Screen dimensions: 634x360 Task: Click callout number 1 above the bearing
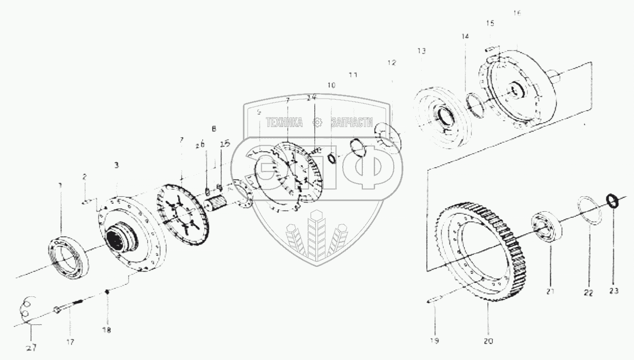pos(60,185)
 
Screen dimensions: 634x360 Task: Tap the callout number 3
pos(116,165)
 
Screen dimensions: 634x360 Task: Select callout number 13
pos(421,51)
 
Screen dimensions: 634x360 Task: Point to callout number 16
pos(517,13)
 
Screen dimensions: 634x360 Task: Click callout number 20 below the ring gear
pos(488,341)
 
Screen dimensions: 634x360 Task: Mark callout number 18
pos(107,330)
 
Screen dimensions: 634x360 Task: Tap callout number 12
pos(391,63)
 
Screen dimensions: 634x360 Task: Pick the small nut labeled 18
pos(107,291)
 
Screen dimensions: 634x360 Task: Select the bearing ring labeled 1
pos(69,254)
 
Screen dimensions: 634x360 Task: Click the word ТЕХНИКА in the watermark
pos(284,122)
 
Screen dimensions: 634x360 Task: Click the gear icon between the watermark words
pos(317,122)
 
